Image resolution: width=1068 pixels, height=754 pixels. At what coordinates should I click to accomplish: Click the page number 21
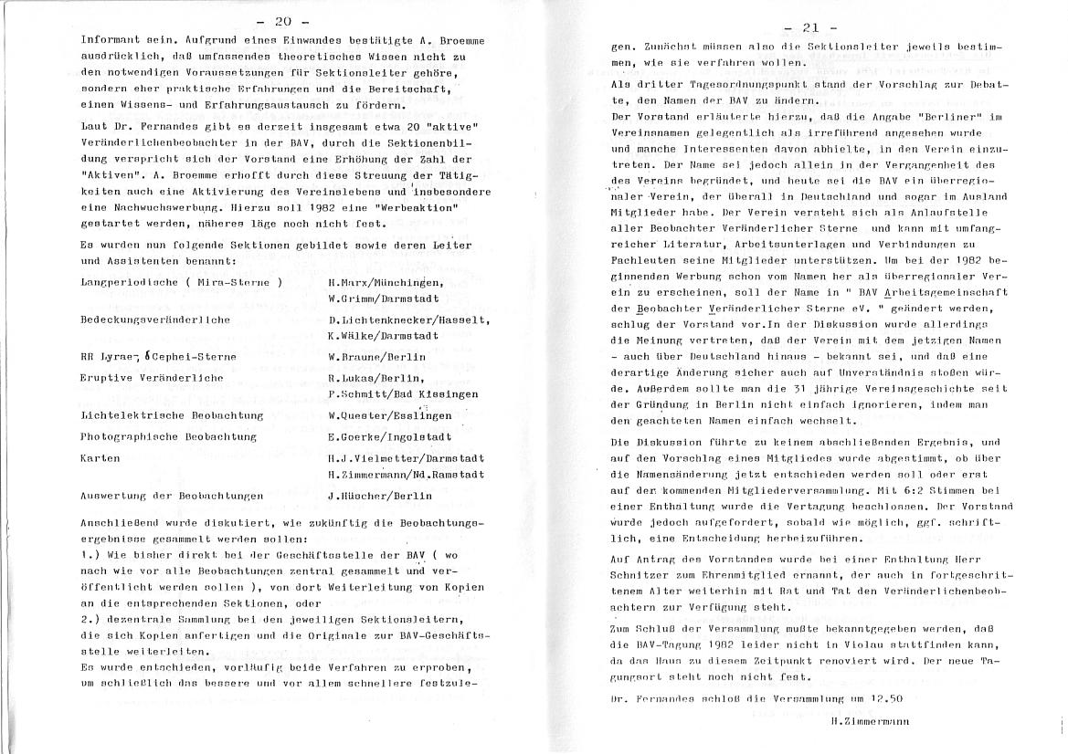(x=809, y=27)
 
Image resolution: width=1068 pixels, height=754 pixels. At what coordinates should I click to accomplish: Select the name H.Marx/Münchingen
(x=386, y=282)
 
